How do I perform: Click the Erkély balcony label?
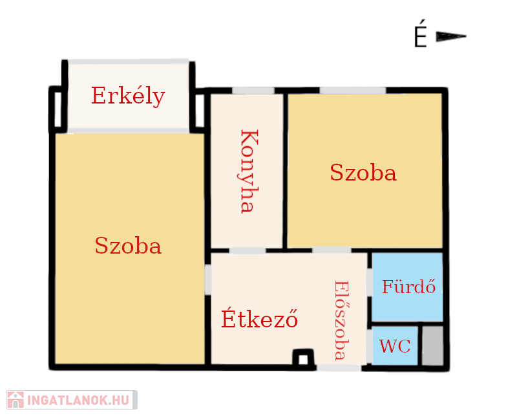tap(128, 96)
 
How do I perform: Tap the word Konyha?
tap(249, 171)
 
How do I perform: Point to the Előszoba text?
tap(341, 320)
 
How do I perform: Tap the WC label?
tap(395, 346)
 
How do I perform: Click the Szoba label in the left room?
tap(128, 245)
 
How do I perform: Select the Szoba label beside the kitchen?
tap(363, 172)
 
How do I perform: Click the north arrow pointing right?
tap(450, 36)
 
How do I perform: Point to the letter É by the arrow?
tap(421, 34)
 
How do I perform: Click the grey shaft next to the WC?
tap(432, 345)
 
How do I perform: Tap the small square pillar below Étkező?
tap(303, 357)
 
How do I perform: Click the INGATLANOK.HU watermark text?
tap(78, 400)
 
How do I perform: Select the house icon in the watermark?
tap(16, 400)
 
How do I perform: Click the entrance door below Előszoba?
tap(339, 367)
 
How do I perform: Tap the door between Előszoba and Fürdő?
tap(370, 282)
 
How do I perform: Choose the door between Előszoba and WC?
tap(370, 346)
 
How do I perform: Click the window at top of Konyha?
tap(253, 91)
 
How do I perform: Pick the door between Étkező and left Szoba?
tap(208, 279)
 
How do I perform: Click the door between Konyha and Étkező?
tap(248, 250)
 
